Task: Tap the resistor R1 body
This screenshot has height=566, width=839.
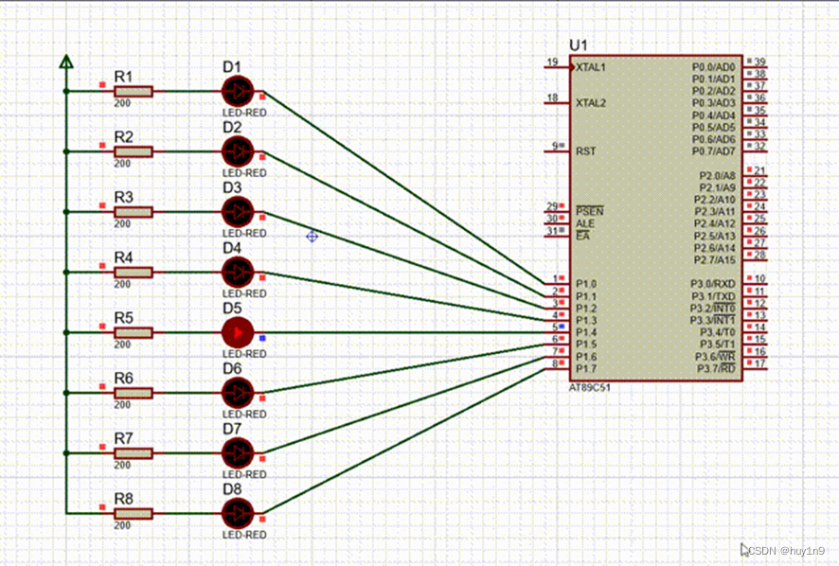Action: click(133, 92)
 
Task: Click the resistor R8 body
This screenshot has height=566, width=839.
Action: click(133, 514)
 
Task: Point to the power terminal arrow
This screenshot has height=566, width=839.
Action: click(66, 62)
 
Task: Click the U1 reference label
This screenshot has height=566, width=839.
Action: click(578, 45)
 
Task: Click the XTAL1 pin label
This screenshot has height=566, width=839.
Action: click(591, 68)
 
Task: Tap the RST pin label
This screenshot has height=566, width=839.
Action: click(586, 151)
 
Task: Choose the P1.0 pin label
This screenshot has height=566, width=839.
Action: click(586, 284)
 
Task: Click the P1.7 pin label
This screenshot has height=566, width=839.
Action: click(586, 368)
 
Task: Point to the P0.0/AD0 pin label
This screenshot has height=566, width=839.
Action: click(713, 68)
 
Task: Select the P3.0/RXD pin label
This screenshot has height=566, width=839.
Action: click(712, 284)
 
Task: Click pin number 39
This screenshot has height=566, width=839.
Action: click(759, 62)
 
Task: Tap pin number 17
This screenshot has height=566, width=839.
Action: click(759, 363)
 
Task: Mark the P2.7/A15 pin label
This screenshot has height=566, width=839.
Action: click(716, 260)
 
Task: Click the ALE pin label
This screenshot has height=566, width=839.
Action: click(585, 223)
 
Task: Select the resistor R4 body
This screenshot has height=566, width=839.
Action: click(133, 273)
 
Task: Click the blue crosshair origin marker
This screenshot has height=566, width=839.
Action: click(312, 236)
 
